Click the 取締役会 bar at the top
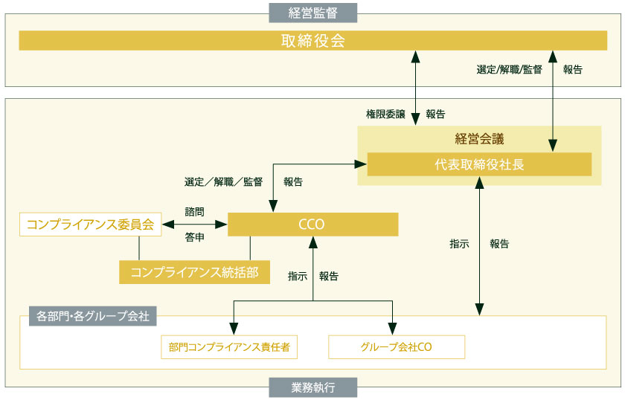coord(312,40)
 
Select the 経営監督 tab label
coord(312,12)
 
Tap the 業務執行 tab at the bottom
coord(312,387)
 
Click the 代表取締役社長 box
coord(479,164)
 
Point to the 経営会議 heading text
coord(479,138)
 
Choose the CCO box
coord(312,225)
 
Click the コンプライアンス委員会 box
coord(90,225)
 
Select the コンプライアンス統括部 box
coord(194,272)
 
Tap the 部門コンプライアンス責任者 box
coord(229,346)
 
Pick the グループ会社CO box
coord(396,346)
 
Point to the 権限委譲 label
coord(385,114)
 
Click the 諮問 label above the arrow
coord(194,212)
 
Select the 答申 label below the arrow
coord(194,238)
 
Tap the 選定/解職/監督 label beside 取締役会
coord(509,70)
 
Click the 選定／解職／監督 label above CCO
coord(223,181)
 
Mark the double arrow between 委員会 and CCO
coord(194,224)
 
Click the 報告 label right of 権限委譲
coord(435,114)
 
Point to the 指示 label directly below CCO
coord(298,276)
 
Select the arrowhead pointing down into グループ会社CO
coord(391,329)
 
